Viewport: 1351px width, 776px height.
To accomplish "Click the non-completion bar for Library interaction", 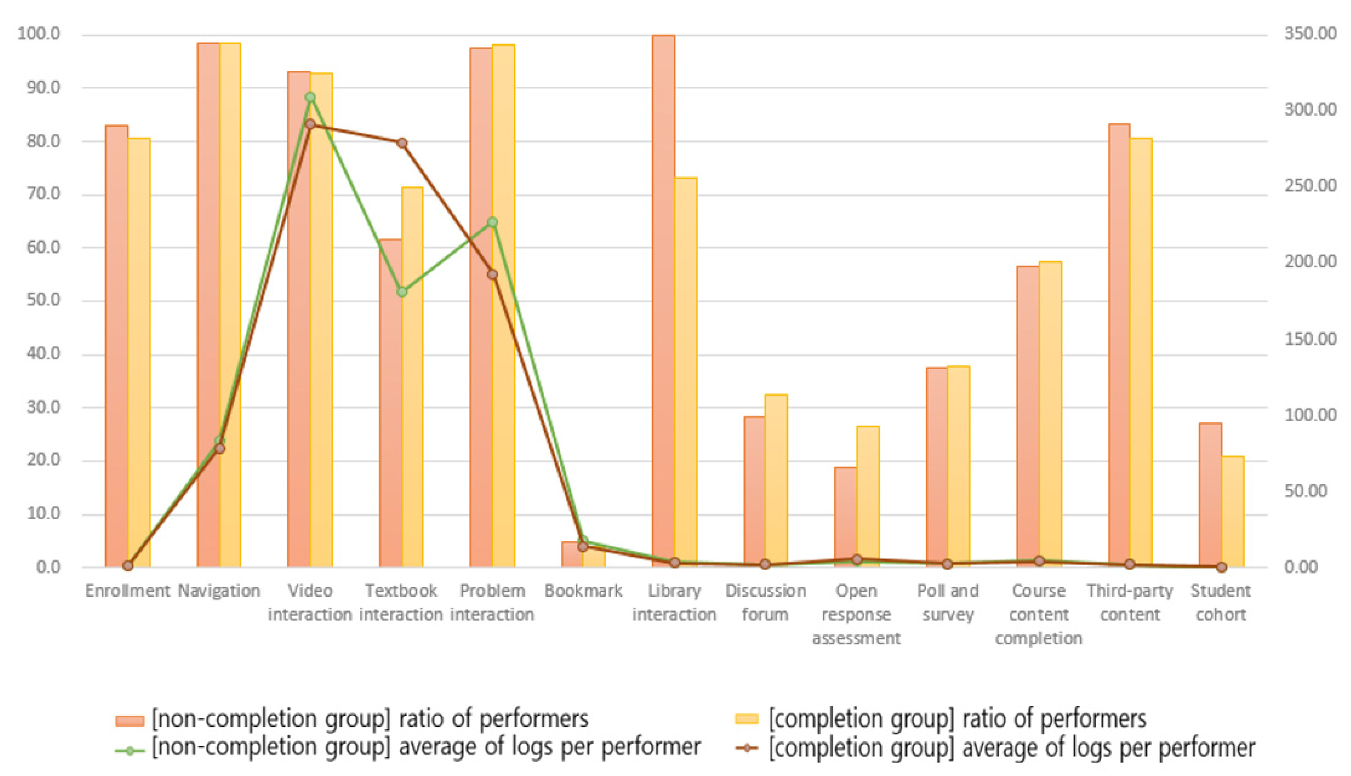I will [x=663, y=298].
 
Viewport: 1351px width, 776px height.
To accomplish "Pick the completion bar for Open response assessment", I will [x=867, y=496].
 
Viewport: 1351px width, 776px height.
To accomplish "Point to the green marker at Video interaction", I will [x=310, y=97].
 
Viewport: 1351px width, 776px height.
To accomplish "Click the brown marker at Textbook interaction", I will [x=402, y=143].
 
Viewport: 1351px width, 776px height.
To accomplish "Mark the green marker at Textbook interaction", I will [x=402, y=292].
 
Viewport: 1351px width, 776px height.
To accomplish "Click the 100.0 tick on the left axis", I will [x=39, y=34].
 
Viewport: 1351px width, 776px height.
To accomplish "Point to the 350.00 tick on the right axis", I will [x=1310, y=34].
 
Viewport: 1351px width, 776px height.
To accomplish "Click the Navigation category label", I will [x=219, y=590].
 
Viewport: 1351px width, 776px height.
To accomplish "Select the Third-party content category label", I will [x=1130, y=602].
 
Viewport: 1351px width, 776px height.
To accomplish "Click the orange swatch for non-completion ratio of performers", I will [x=130, y=720].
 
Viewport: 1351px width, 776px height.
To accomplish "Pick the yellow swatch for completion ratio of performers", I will [x=746, y=719].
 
